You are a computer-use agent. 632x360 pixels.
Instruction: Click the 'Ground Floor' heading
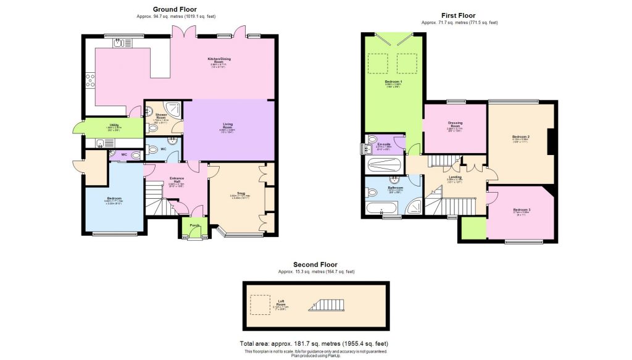pyautogui.click(x=175, y=9)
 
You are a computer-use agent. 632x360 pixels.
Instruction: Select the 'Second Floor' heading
pyautogui.click(x=315, y=264)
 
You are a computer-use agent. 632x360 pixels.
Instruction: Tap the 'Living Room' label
pyautogui.click(x=228, y=126)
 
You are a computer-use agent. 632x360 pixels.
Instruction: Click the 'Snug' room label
pyautogui.click(x=233, y=192)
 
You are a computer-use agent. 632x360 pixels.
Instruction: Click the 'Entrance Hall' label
pyautogui.click(x=177, y=180)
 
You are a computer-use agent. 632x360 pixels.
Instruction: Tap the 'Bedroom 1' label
pyautogui.click(x=393, y=82)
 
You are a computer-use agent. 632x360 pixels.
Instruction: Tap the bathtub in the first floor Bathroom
pyautogui.click(x=381, y=207)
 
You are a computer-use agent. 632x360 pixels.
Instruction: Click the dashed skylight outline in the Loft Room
pyautogui.click(x=259, y=304)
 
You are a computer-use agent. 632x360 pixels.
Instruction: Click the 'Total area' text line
pyautogui.click(x=314, y=343)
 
